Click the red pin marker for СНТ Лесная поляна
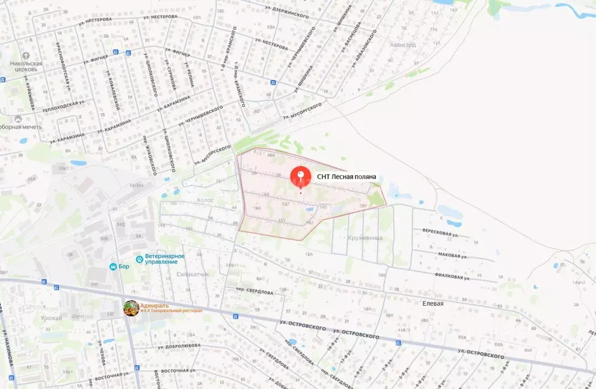301,175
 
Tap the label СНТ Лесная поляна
347,176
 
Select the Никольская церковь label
24,65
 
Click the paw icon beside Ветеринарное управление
139,259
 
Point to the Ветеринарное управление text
165,259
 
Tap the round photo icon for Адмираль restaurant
131,308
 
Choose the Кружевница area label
365,238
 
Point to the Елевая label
433,303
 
